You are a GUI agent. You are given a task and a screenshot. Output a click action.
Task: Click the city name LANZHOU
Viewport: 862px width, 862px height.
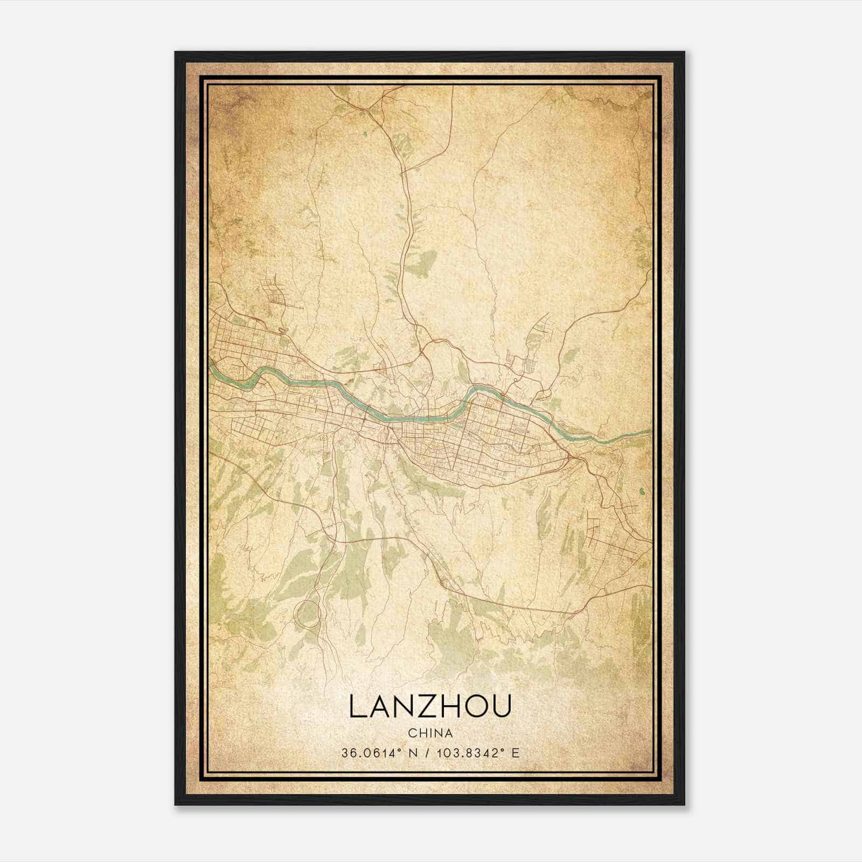coord(430,706)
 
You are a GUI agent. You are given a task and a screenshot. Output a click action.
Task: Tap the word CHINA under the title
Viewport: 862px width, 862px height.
coord(430,733)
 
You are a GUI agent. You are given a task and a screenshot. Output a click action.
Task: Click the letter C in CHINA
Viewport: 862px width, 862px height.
coord(412,733)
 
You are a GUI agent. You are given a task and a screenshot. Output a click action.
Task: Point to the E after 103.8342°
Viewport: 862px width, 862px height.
coord(516,753)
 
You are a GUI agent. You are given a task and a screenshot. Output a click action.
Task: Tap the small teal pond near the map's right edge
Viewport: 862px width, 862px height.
coord(642,491)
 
